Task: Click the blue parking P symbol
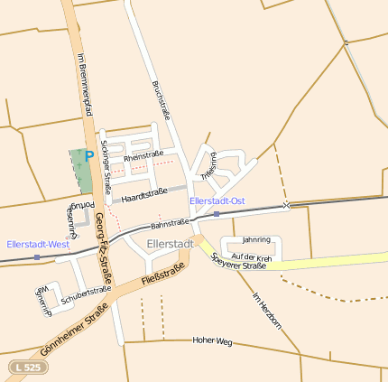click(x=88, y=156)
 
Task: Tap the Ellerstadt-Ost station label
click(x=217, y=200)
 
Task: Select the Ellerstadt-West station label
click(x=38, y=244)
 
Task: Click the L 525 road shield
click(x=26, y=368)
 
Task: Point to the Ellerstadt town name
click(x=170, y=244)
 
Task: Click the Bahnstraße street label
click(x=170, y=222)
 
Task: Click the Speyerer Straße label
click(x=238, y=262)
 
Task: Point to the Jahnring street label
click(x=256, y=240)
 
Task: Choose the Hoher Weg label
click(x=213, y=341)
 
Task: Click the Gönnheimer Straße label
click(x=74, y=330)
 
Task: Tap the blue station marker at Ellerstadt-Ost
click(x=217, y=214)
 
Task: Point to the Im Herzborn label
click(x=266, y=311)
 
